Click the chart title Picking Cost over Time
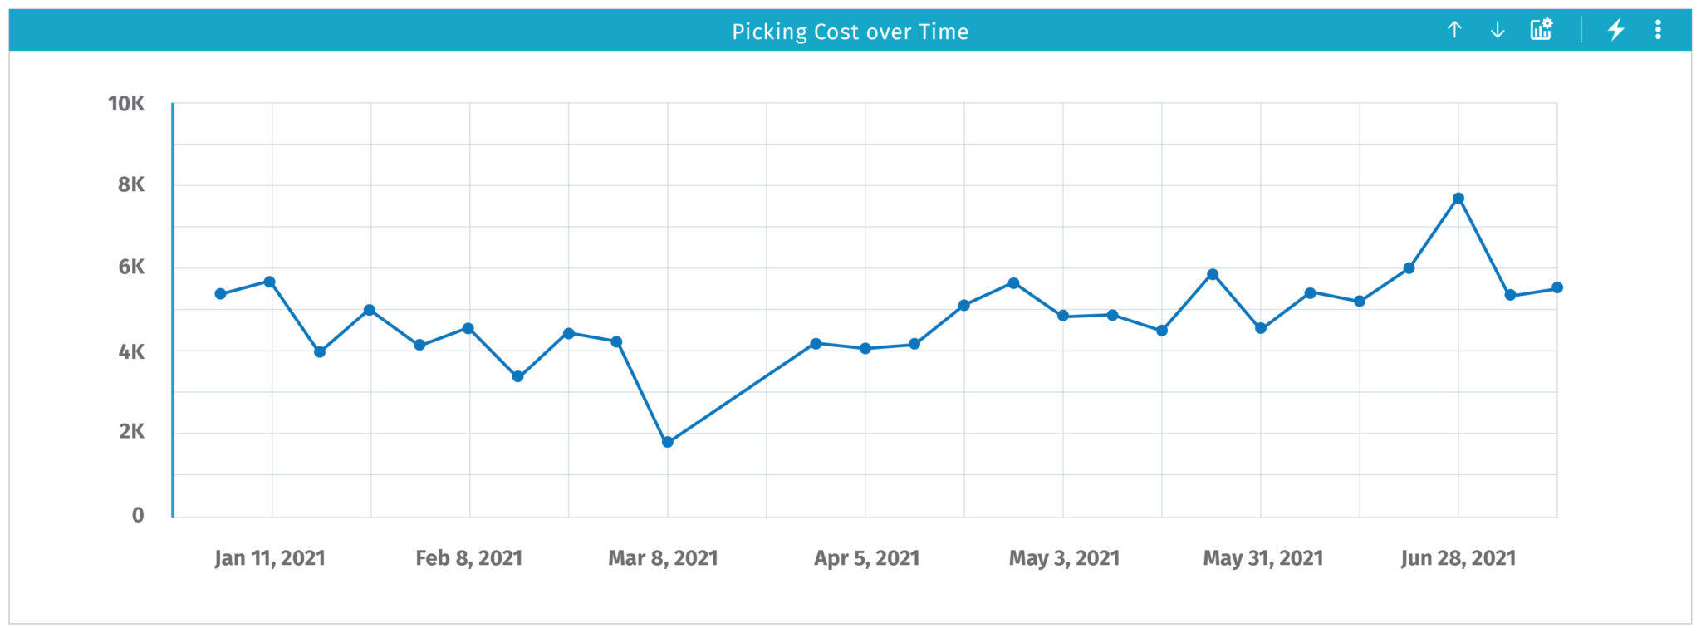pos(850,32)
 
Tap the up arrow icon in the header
pos(1454,30)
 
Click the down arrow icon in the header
pos(1498,30)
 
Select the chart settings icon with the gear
pos(1542,30)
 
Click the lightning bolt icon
pos(1615,30)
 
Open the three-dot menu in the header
pos(1658,30)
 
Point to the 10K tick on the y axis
pos(126,104)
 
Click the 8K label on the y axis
pos(131,184)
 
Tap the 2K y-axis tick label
pos(131,431)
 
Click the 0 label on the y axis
pos(138,515)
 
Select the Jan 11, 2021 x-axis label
pos(270,558)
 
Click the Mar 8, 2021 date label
pos(663,558)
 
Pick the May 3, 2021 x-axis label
pos(1064,558)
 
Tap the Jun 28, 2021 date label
pos(1458,558)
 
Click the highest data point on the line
pos(1458,199)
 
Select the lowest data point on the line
pos(668,442)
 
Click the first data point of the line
pos(220,294)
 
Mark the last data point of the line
pos(1557,287)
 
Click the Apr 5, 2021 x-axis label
pos(866,558)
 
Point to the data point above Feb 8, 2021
pos(468,328)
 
